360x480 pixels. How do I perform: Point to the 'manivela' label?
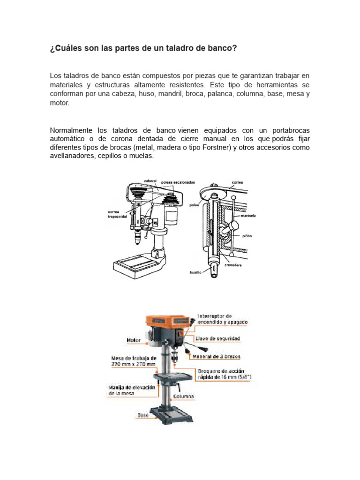[248, 216]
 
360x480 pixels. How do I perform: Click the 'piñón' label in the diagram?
[247, 236]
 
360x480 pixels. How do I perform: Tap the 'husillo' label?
[195, 271]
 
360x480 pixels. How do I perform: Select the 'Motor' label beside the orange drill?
[134, 340]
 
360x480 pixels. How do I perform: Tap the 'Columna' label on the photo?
[184, 397]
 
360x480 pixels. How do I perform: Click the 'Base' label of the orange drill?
[142, 415]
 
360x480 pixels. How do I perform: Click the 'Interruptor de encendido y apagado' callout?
[222, 319]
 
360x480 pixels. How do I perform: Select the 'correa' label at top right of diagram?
[237, 182]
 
